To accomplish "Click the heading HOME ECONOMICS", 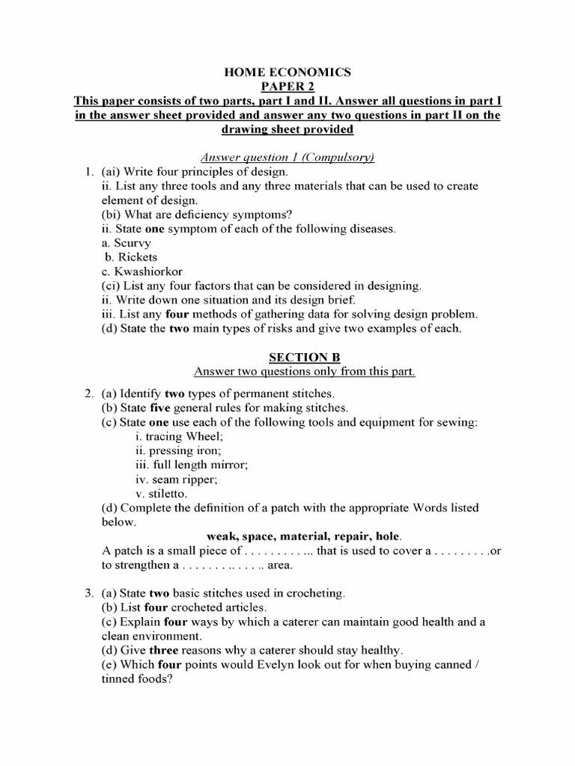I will [x=288, y=73].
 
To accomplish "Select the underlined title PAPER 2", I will [x=288, y=87].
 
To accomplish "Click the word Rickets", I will [x=136, y=257].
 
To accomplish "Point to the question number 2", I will [x=88, y=393].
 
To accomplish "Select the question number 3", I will [x=88, y=593].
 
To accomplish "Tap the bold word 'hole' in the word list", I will [x=388, y=536].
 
